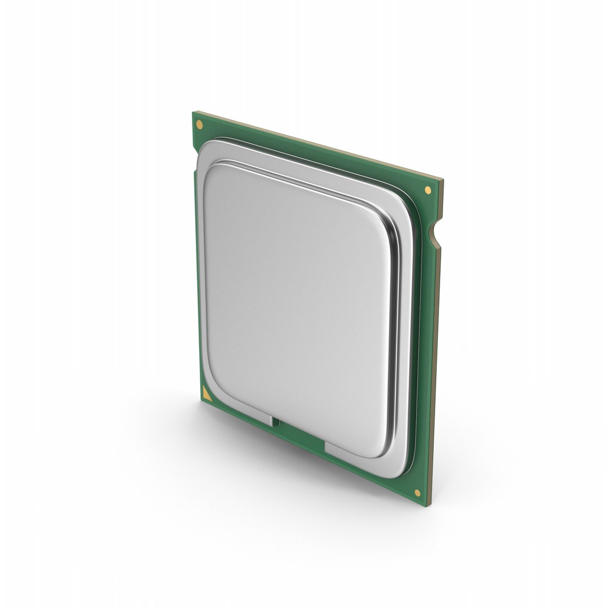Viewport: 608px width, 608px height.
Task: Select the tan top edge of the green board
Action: point(315,146)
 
